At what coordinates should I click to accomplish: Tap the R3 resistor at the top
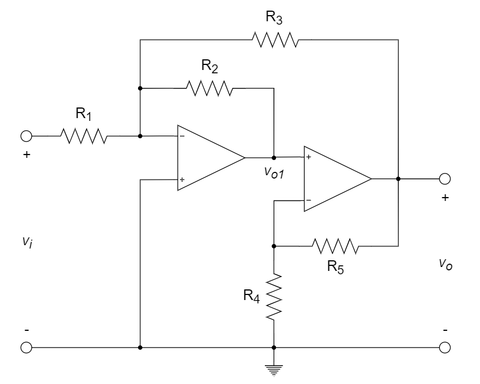point(275,40)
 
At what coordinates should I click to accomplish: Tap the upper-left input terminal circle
point(26,135)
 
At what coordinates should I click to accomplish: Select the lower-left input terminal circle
point(26,347)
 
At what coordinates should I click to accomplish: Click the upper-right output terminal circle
point(445,179)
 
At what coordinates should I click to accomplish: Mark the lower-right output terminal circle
point(445,347)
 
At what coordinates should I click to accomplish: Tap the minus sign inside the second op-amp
point(308,200)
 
